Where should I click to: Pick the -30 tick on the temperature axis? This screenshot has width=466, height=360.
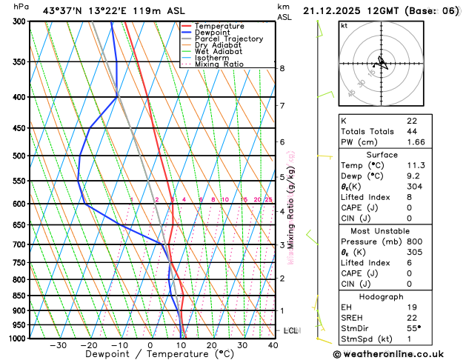coord(58,344)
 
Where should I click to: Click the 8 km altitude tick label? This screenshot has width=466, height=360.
coord(282,68)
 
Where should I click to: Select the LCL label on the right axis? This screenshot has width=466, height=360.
coord(291,330)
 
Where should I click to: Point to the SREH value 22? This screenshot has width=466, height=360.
coord(412,318)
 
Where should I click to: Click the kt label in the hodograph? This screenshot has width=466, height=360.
coord(344,25)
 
